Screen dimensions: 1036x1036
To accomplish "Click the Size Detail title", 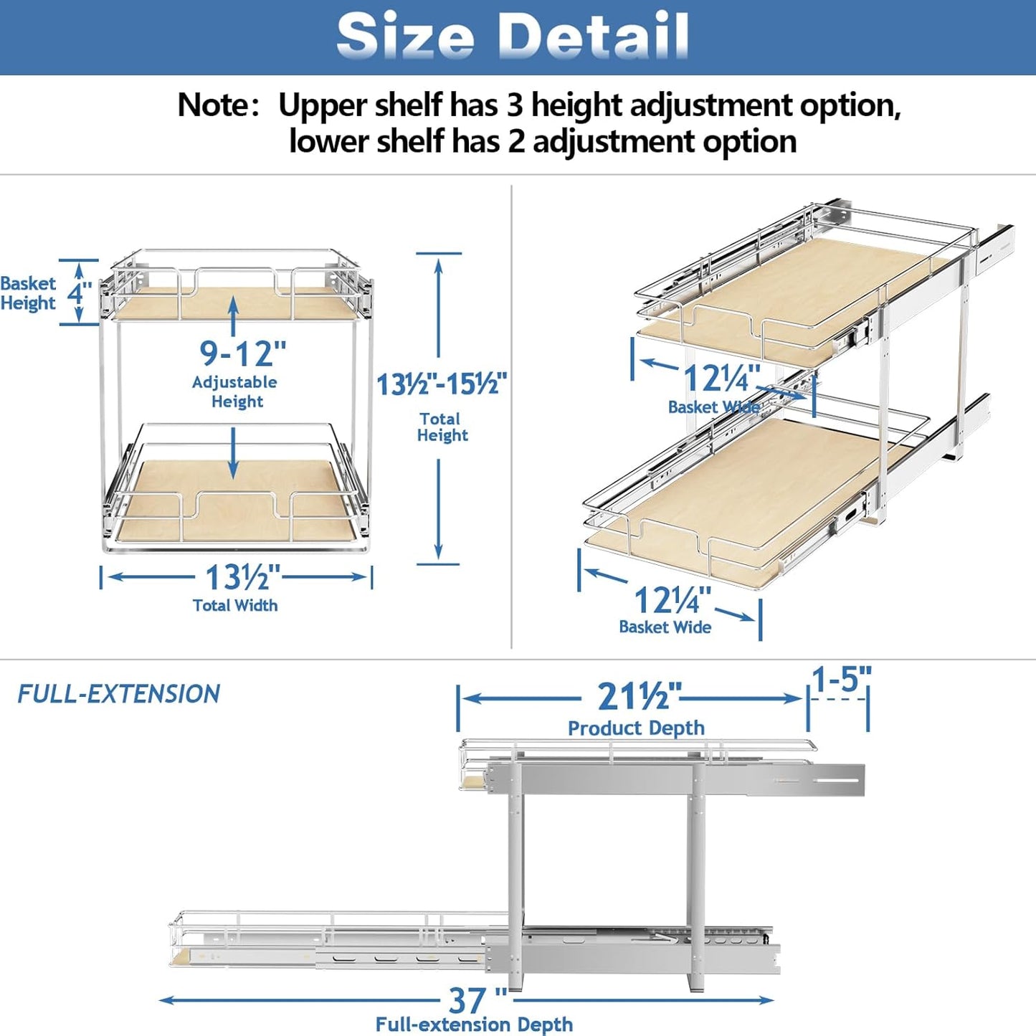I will click(x=513, y=36).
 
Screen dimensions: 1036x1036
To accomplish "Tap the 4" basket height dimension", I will click(x=79, y=293).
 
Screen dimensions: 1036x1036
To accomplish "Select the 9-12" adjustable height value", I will click(x=242, y=353).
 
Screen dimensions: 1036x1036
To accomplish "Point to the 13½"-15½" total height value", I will click(x=442, y=384).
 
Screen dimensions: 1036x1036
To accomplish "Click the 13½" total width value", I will click(x=242, y=577).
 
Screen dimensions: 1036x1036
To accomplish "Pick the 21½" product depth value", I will click(x=639, y=696).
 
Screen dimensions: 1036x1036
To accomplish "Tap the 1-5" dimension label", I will click(x=841, y=679).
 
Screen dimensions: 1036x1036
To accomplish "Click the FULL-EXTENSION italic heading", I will click(x=119, y=694).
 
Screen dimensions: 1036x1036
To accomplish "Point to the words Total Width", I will click(x=235, y=606).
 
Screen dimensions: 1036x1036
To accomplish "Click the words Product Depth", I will click(x=636, y=728).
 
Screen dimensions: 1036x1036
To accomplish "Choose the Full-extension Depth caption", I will click(x=474, y=1025).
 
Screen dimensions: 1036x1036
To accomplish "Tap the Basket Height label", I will click(x=28, y=293).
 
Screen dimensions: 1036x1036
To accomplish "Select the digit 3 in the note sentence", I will click(x=515, y=105).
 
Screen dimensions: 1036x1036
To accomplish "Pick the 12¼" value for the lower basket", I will click(x=673, y=600).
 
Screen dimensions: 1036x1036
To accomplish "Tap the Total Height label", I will click(x=442, y=427).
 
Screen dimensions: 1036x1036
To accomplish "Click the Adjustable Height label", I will click(x=235, y=391).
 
